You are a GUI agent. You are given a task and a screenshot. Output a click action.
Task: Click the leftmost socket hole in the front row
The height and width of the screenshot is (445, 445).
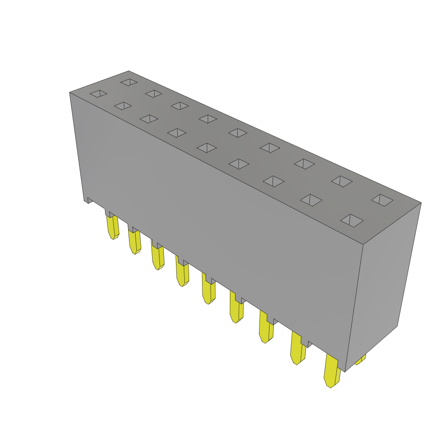[x=99, y=93]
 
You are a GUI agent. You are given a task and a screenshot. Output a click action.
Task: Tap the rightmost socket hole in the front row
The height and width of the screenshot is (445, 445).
[x=352, y=220]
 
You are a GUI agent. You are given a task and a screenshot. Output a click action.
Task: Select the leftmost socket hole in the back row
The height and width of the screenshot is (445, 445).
[x=129, y=82]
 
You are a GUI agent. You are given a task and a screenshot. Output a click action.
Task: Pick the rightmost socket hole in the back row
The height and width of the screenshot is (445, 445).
[x=382, y=200]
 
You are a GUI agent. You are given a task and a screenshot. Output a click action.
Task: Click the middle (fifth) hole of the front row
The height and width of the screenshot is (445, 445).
[x=207, y=148]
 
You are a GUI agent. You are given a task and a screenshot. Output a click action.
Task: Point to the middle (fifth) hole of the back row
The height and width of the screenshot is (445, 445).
[x=238, y=133]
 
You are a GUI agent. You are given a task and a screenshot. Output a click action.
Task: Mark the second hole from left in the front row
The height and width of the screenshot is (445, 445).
[x=123, y=106]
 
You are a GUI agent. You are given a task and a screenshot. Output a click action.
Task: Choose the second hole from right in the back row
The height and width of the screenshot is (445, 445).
[x=342, y=181]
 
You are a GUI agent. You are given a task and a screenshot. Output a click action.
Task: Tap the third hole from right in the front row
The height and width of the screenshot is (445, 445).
[x=274, y=181]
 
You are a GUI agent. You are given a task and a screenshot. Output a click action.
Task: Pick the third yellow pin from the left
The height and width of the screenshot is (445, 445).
[x=158, y=258]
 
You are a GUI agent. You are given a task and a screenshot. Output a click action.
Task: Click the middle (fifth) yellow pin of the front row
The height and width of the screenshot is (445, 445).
[x=209, y=290]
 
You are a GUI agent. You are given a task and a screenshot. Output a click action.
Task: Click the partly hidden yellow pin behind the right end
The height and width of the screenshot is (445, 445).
[x=360, y=359]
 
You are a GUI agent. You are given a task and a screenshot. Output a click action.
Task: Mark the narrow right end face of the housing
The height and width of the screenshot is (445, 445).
[x=382, y=282]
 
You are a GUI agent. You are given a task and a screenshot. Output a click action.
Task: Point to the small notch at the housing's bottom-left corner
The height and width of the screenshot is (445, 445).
[x=89, y=200]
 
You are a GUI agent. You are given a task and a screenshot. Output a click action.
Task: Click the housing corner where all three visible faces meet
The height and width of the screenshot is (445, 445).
[x=363, y=244]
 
